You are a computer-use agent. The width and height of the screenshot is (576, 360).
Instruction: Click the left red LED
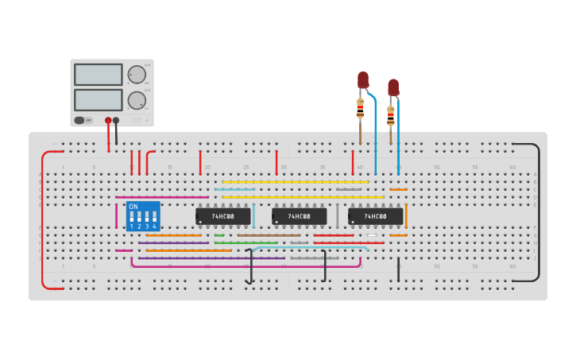click(363, 79)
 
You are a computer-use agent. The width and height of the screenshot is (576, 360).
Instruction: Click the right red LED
click(393, 87)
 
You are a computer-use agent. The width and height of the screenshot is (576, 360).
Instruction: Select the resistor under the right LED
click(390, 115)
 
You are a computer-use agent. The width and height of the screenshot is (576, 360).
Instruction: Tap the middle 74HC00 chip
click(300, 216)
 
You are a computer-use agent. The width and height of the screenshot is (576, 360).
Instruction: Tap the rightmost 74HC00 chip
click(376, 216)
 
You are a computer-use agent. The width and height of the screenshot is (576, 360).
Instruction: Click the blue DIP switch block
click(143, 216)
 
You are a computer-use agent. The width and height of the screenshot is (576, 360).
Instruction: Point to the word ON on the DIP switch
click(133, 207)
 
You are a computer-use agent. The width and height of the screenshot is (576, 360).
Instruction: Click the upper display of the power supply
click(98, 75)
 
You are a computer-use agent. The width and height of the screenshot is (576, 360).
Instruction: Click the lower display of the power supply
click(98, 100)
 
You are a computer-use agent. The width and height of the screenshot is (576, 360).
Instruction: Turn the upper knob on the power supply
click(137, 75)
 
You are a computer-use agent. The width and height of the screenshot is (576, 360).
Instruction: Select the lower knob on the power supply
click(137, 100)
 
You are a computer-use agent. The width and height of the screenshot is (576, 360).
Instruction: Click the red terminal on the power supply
click(108, 121)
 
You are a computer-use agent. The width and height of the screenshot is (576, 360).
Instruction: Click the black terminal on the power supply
click(116, 121)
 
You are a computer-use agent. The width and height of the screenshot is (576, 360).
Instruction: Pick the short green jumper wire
click(219, 235)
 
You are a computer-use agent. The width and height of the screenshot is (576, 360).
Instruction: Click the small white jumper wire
click(372, 235)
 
